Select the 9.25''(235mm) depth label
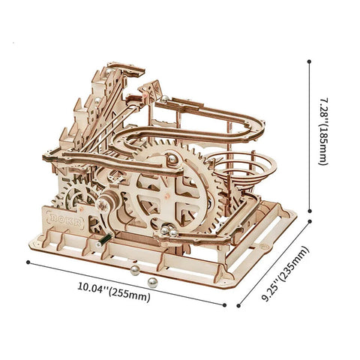285,273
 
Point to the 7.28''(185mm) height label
322,131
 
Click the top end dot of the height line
310,61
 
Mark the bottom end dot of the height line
310,211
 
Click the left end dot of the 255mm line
28,262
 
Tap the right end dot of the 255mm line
224,305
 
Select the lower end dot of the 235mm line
238,305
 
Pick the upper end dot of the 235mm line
310,221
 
